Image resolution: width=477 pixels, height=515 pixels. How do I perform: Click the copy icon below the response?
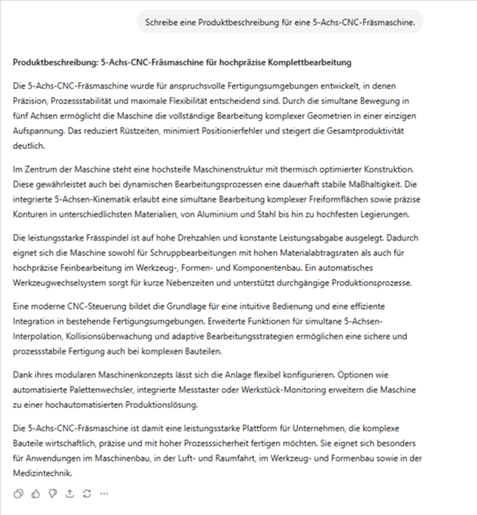coord(18,494)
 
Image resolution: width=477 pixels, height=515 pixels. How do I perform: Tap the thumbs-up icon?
coord(35,494)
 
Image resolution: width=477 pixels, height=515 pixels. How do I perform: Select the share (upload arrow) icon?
coord(69,494)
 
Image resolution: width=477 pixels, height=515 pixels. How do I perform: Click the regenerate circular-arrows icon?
coord(87,494)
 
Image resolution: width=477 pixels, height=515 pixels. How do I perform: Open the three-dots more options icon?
coord(104,494)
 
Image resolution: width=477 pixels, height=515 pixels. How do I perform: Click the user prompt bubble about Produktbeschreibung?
coord(280,22)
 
